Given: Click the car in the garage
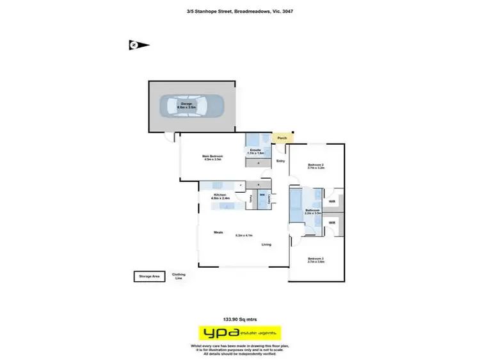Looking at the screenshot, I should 192,106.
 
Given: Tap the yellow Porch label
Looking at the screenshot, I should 281,138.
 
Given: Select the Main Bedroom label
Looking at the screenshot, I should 212,156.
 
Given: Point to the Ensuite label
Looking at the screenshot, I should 255,151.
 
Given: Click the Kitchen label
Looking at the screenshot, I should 220,194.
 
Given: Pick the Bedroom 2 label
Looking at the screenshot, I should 316,165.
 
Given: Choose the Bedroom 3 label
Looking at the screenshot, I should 316,259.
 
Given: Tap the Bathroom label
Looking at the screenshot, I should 312,210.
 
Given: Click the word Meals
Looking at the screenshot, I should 218,233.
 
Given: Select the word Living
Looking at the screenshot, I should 266,244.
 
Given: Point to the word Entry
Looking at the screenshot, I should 280,161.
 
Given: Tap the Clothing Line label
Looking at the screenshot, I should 179,276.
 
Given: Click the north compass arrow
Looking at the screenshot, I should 138,45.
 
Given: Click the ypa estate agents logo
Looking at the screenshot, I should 239,333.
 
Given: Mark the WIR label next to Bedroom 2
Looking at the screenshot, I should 332,201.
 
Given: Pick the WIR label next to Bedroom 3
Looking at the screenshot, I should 332,222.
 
